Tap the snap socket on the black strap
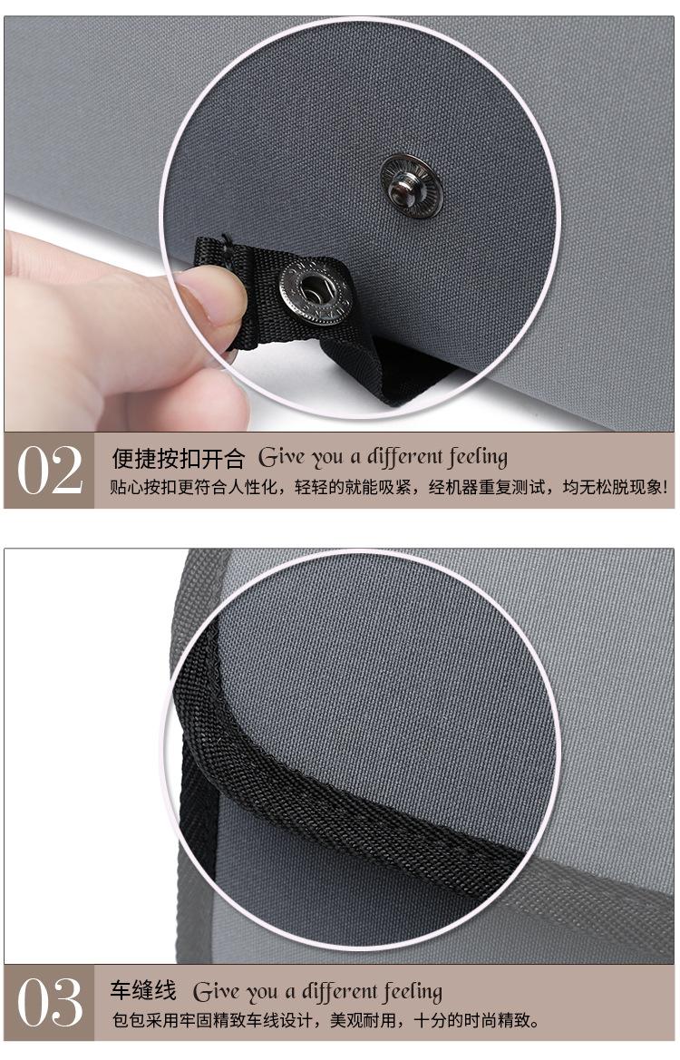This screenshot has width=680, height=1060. [x=314, y=291]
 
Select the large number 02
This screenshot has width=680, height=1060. [x=50, y=471]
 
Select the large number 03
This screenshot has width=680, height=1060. [x=50, y=1003]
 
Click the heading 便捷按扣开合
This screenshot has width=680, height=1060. [x=178, y=457]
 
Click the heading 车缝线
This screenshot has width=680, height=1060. [x=143, y=988]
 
